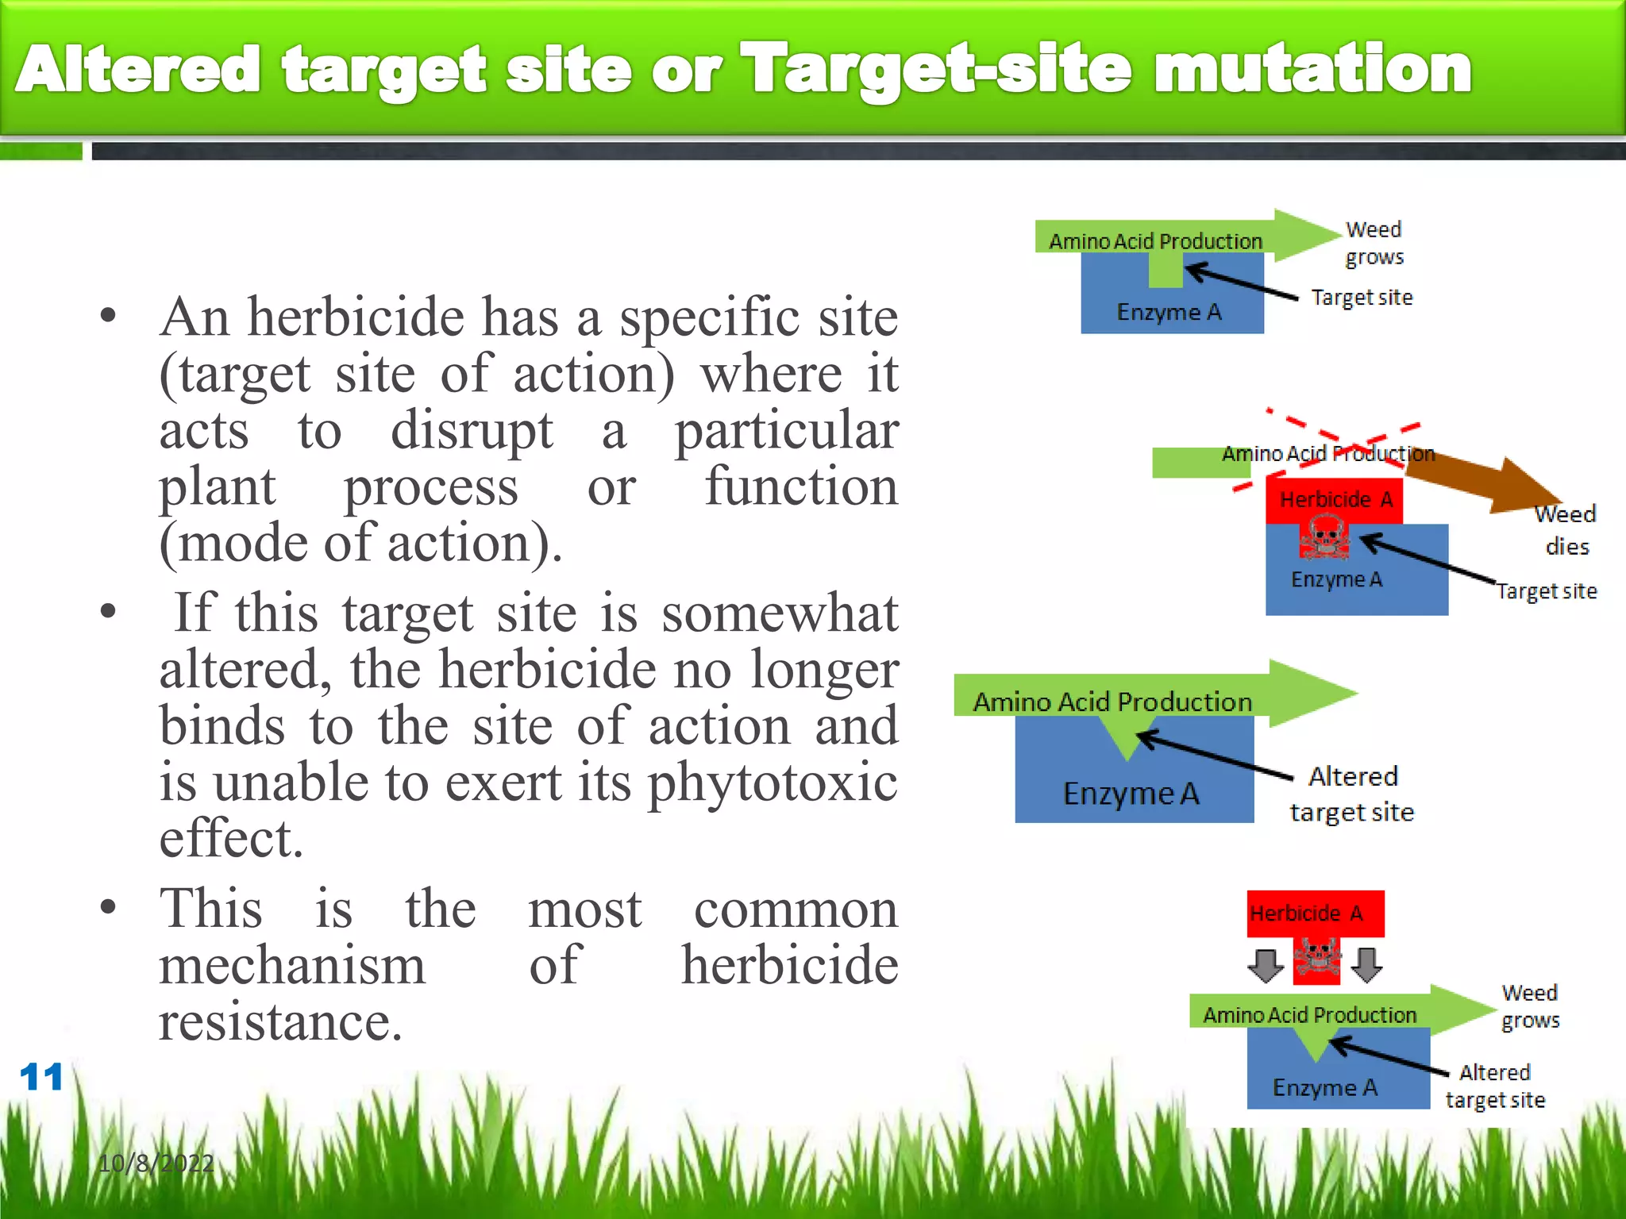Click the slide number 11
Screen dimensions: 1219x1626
[x=41, y=1077]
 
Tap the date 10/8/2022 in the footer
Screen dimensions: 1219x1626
[x=156, y=1163]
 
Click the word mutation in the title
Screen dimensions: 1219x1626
[x=1312, y=70]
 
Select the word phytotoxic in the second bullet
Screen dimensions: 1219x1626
[x=773, y=783]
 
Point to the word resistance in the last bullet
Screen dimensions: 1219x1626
[x=279, y=1022]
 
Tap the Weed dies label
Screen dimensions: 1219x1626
[x=1566, y=530]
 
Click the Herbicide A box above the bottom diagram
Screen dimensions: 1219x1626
[x=1315, y=913]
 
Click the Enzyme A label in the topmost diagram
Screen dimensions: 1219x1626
[x=1169, y=312]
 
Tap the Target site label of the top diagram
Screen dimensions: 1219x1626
[x=1362, y=298]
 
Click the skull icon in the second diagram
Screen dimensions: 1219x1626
[x=1324, y=537]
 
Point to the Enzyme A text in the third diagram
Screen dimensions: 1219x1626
[x=1131, y=794]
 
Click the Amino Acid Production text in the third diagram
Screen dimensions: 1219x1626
[x=1112, y=702]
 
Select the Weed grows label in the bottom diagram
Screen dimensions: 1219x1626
[x=1530, y=1006]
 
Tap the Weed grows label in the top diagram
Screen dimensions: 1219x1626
[x=1374, y=243]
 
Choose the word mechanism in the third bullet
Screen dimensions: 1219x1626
[x=292, y=966]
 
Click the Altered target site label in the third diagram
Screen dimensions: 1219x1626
[x=1352, y=794]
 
